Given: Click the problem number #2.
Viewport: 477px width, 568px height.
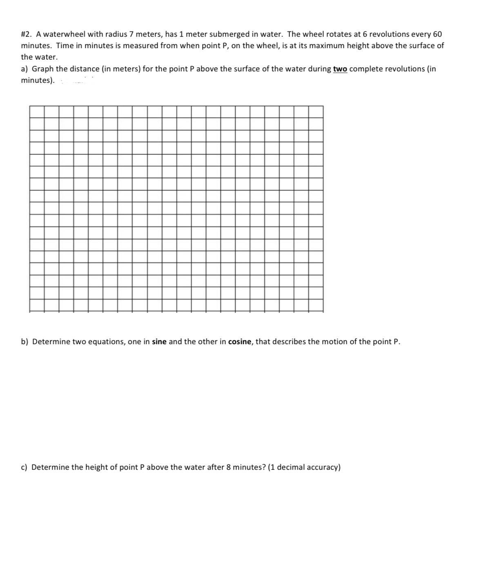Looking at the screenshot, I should [x=27, y=34].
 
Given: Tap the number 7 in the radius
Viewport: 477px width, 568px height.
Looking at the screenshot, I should [x=132, y=34].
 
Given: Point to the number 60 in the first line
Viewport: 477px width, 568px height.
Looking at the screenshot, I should [x=437, y=34].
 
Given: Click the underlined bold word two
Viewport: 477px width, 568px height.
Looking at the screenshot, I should [x=340, y=69].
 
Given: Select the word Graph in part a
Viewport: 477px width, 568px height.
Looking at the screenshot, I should [x=42, y=69].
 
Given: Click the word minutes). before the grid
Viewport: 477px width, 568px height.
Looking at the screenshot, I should [x=38, y=80].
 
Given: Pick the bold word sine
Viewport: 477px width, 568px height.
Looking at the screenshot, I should [x=159, y=342].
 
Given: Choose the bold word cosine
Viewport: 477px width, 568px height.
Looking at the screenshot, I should [x=240, y=342].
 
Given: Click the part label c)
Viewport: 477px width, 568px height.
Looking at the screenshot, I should [x=25, y=467].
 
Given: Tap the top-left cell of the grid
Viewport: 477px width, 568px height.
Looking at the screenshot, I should [x=37, y=112].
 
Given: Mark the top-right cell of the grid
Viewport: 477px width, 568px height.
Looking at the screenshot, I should [x=316, y=112].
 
